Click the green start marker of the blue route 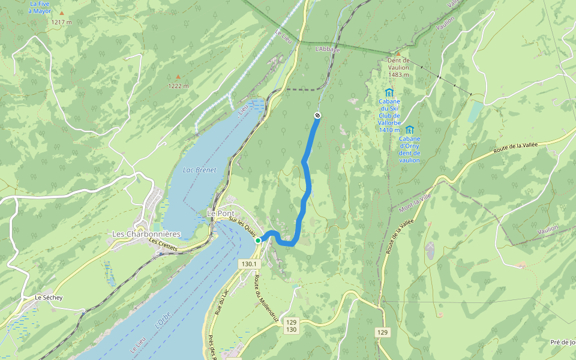258,241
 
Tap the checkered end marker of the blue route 317,115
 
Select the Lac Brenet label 199,170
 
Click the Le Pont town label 220,213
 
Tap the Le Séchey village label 49,297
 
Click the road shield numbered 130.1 249,264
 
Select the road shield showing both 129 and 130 291,326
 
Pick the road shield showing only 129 383,332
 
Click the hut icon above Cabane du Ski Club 389,92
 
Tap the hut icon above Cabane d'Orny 409,130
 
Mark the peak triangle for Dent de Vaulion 397,54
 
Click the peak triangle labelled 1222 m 178,77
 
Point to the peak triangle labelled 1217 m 61,13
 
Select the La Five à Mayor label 41,7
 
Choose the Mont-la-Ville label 415,202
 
